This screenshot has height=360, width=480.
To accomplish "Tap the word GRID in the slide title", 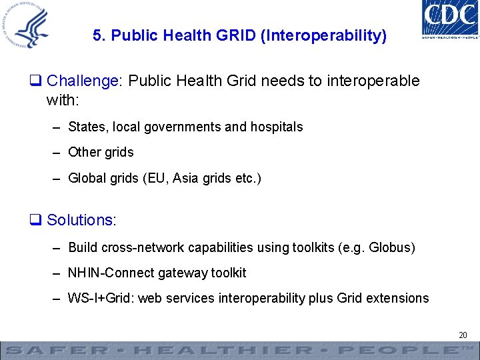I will [x=237, y=35].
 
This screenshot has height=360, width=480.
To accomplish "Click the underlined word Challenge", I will [x=82, y=81].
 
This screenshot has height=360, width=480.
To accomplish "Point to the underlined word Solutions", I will [x=80, y=220].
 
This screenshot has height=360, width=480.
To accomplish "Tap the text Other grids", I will [x=101, y=152].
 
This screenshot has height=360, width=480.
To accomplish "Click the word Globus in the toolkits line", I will [x=391, y=247].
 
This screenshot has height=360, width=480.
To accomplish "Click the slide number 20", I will [x=463, y=335].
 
